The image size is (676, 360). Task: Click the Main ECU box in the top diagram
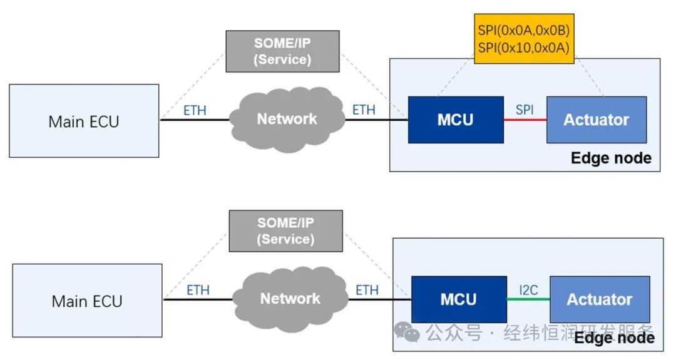tap(83, 121)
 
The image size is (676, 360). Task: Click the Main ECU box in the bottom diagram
tap(87, 301)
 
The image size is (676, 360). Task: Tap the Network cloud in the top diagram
tap(287, 119)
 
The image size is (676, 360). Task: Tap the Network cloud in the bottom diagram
tap(290, 299)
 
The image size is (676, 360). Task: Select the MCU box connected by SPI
tap(456, 120)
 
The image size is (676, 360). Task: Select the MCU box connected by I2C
tap(459, 299)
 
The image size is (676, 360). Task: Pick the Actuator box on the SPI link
tap(596, 120)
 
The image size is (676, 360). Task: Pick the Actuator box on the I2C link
tap(599, 299)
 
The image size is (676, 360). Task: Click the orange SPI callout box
tap(524, 38)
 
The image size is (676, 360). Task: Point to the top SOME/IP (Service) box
tap(282, 51)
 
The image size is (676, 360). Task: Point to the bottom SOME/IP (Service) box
tap(285, 230)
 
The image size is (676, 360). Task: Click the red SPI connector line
tap(525, 120)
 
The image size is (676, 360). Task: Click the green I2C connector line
tap(528, 299)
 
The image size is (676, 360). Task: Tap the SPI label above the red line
tap(525, 110)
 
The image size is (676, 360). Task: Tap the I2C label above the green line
tap(528, 289)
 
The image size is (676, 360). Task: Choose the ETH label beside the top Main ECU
tap(195, 111)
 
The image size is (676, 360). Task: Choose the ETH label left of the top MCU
tap(364, 110)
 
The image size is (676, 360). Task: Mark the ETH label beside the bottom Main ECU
tap(198, 291)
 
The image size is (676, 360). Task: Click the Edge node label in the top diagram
tap(611, 158)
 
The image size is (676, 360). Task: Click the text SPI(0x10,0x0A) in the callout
tap(524, 47)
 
